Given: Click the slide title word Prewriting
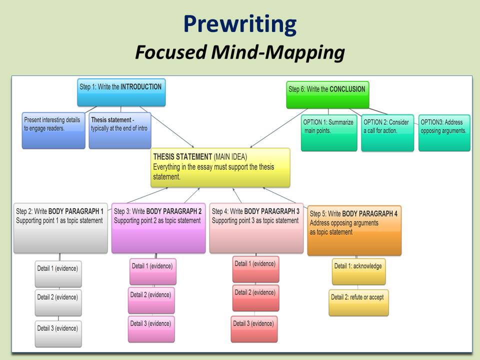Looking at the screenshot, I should (x=239, y=23).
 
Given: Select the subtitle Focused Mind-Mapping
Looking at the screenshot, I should (x=239, y=52).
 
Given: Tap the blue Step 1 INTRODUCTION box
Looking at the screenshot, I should (x=121, y=92).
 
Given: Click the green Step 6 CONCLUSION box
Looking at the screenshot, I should (x=327, y=94).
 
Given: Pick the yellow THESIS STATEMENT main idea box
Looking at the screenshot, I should (x=220, y=167).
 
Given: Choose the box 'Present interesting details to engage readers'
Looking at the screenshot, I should (x=53, y=130).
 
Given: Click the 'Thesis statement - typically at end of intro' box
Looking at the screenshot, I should (x=119, y=130).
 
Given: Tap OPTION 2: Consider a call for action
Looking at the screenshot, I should (x=387, y=132).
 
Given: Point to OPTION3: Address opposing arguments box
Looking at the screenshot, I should (x=444, y=132).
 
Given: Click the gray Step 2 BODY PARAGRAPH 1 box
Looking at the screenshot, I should (x=60, y=227).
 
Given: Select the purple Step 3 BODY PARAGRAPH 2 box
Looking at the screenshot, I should (x=158, y=227).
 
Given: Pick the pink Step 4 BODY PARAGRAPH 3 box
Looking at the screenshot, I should (x=256, y=227).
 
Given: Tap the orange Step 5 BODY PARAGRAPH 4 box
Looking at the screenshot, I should (x=354, y=230).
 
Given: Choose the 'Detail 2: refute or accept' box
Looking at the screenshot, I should (x=358, y=302).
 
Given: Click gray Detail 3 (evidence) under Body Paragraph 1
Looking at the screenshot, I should (x=58, y=333).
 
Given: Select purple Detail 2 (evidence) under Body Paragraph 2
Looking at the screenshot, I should (x=151, y=300).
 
